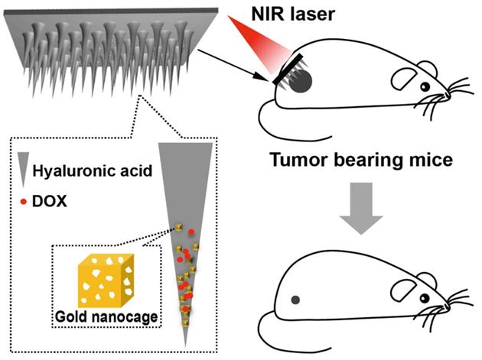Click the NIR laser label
293,14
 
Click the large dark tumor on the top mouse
301,81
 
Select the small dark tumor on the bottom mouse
296,300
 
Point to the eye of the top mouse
425,87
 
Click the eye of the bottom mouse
425,297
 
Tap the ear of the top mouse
404,79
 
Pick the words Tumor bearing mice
361,160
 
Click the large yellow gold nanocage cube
106,281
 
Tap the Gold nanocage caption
106,316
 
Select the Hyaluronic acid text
93,170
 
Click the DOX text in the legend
50,202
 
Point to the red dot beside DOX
24,202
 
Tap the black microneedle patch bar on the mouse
288,69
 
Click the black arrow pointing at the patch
233,65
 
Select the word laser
315,14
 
